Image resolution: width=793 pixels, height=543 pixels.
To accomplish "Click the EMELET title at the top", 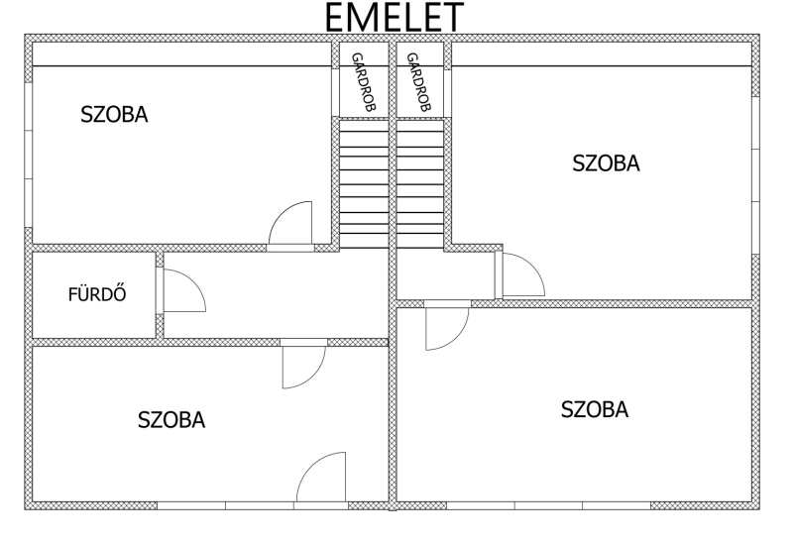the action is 394,17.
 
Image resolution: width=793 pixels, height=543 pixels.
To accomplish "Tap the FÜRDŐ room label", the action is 97,294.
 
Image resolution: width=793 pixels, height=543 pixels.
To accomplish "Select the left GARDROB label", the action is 364,81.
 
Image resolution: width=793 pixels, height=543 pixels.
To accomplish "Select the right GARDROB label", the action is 419,81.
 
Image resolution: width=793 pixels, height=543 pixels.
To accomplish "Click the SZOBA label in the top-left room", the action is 114,115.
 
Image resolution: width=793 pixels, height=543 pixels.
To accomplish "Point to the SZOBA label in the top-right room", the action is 606,163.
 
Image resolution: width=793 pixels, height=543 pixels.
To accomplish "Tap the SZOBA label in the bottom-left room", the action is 171,420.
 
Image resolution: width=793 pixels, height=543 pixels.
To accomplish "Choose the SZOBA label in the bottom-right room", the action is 595,409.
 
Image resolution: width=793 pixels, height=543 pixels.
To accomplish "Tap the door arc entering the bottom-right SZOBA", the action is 458,338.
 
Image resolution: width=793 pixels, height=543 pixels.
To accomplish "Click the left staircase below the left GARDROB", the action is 364,184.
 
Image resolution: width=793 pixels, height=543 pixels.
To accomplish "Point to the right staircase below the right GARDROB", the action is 419,184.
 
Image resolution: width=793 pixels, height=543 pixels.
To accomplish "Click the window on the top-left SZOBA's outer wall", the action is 29,155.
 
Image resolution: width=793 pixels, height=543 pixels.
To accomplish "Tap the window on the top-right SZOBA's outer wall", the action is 755,175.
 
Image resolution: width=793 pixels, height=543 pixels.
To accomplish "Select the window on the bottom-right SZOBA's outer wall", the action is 548,505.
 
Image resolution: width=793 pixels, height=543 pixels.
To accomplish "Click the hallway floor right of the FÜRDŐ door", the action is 276,294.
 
